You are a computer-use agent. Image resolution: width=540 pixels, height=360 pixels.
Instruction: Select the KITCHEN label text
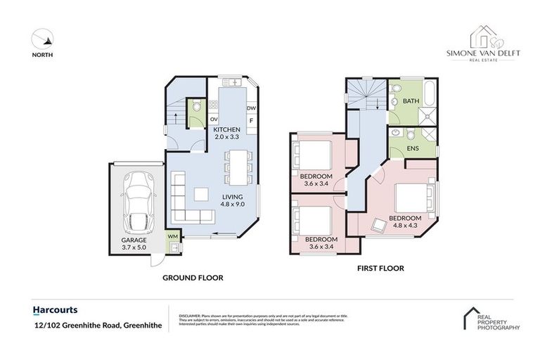coord(227,130)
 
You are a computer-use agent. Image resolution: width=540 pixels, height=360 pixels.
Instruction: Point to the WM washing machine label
coord(172,237)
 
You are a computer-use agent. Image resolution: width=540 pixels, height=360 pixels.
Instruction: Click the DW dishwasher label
coord(250,108)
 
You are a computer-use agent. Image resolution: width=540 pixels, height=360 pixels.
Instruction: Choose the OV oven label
coord(213,120)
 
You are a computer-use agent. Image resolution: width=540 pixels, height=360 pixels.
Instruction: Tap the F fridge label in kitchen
coord(250,120)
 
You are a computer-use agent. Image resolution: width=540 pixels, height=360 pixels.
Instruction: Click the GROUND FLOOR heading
coord(193,278)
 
